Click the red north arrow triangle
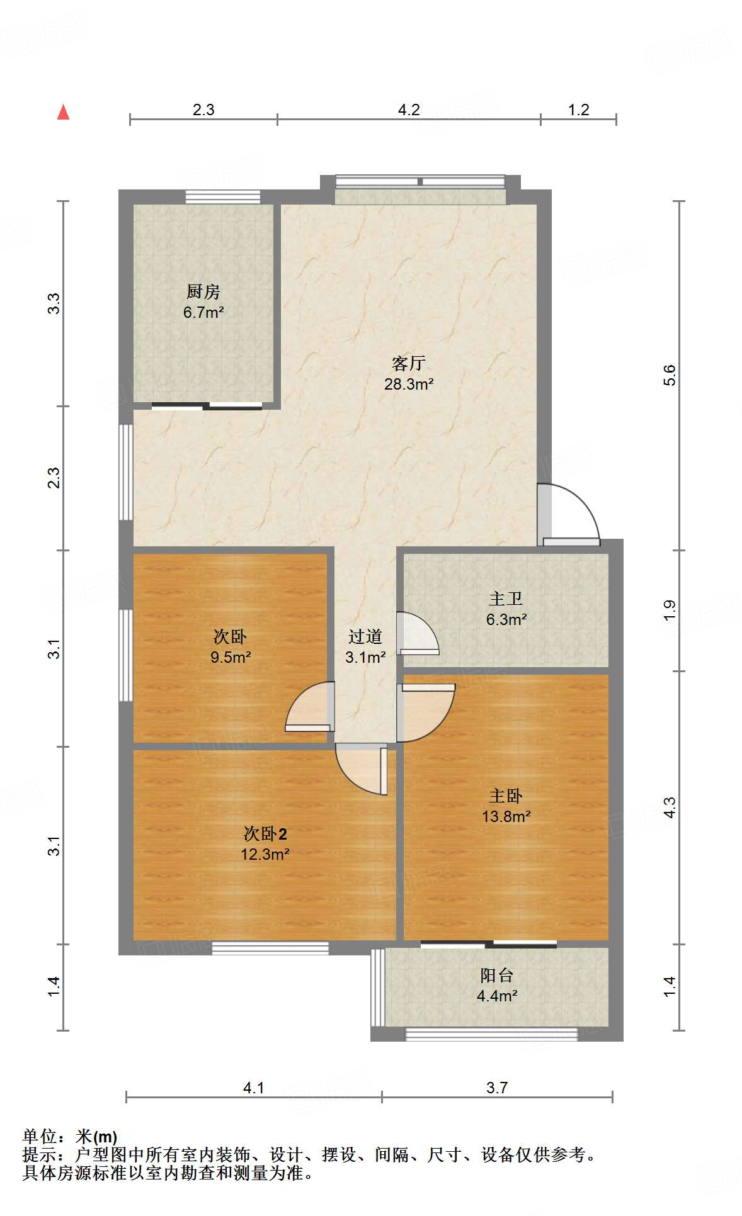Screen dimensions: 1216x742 [63, 113]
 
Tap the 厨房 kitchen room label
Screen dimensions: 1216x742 [203, 292]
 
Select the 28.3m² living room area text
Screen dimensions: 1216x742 [409, 384]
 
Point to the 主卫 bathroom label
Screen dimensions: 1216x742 [506, 599]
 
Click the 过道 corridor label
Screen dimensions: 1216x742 [365, 637]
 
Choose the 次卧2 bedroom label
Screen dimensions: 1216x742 [265, 834]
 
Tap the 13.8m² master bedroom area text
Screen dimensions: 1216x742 [506, 817]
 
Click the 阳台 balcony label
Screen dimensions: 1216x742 [496, 976]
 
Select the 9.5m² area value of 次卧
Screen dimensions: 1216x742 [231, 658]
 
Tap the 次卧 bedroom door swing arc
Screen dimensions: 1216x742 [307, 707]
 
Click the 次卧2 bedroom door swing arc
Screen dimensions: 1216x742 [360, 771]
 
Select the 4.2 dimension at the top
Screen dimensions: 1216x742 [409, 110]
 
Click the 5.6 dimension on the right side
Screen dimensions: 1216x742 [669, 375]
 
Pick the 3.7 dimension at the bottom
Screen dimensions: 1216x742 [496, 1088]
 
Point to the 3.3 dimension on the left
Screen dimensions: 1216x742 [54, 303]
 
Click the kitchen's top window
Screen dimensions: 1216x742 [223, 196]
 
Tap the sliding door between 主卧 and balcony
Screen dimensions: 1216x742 [489, 944]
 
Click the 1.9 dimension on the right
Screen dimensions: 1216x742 [669, 611]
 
